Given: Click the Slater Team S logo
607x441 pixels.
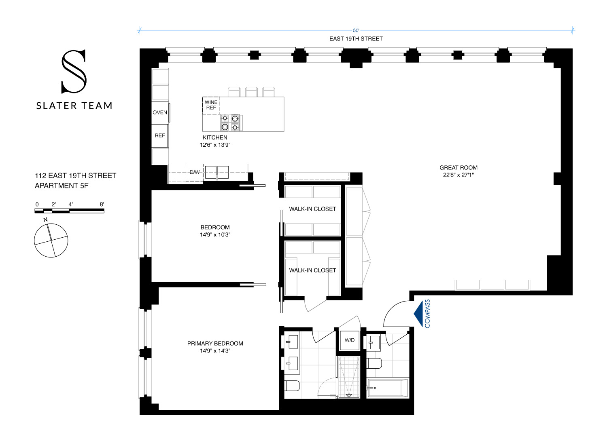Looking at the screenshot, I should [x=74, y=72].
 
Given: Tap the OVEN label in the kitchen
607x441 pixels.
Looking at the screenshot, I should [x=160, y=112].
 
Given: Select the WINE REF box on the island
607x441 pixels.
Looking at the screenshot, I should [x=211, y=105].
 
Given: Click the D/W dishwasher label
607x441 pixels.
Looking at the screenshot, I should [x=195, y=172].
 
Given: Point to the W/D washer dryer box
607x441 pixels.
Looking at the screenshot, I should [x=350, y=340].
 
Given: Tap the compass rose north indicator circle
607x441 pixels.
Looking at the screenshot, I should [x=51, y=241].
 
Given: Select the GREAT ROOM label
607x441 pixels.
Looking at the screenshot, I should [x=458, y=167].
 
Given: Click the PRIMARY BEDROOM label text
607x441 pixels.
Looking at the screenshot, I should [x=215, y=343].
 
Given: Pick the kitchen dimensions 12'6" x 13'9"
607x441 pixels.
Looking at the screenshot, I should [x=215, y=145].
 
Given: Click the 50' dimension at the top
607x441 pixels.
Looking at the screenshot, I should [x=356, y=30].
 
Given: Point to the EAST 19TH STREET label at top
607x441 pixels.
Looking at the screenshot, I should [x=356, y=39].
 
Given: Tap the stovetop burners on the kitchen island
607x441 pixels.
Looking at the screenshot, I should [x=230, y=123].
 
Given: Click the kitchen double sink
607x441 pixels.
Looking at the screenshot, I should [x=216, y=172].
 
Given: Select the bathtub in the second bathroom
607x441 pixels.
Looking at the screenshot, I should [x=388, y=388].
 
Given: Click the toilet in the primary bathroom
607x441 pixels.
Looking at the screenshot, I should [x=292, y=386].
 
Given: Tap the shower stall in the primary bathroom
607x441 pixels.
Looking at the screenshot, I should [x=348, y=377].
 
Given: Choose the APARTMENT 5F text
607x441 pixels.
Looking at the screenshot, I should [x=62, y=186].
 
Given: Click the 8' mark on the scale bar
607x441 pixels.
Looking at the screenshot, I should [x=102, y=205].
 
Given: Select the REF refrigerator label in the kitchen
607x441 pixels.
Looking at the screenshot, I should [x=160, y=135].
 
